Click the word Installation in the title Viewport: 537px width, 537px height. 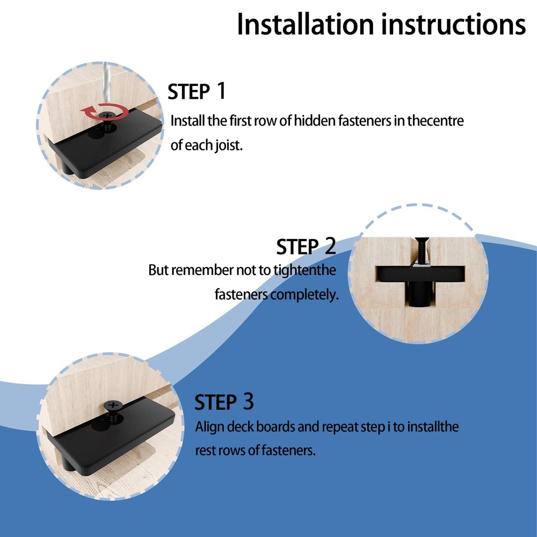click(305, 24)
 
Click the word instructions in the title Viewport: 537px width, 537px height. click(453, 24)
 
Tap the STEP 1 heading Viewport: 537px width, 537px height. click(197, 91)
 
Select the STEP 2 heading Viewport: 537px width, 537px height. click(306, 246)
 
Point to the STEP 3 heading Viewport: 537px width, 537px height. click(224, 402)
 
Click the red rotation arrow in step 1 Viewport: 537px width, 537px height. click(103, 111)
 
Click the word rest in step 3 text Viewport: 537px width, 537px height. click(205, 451)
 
